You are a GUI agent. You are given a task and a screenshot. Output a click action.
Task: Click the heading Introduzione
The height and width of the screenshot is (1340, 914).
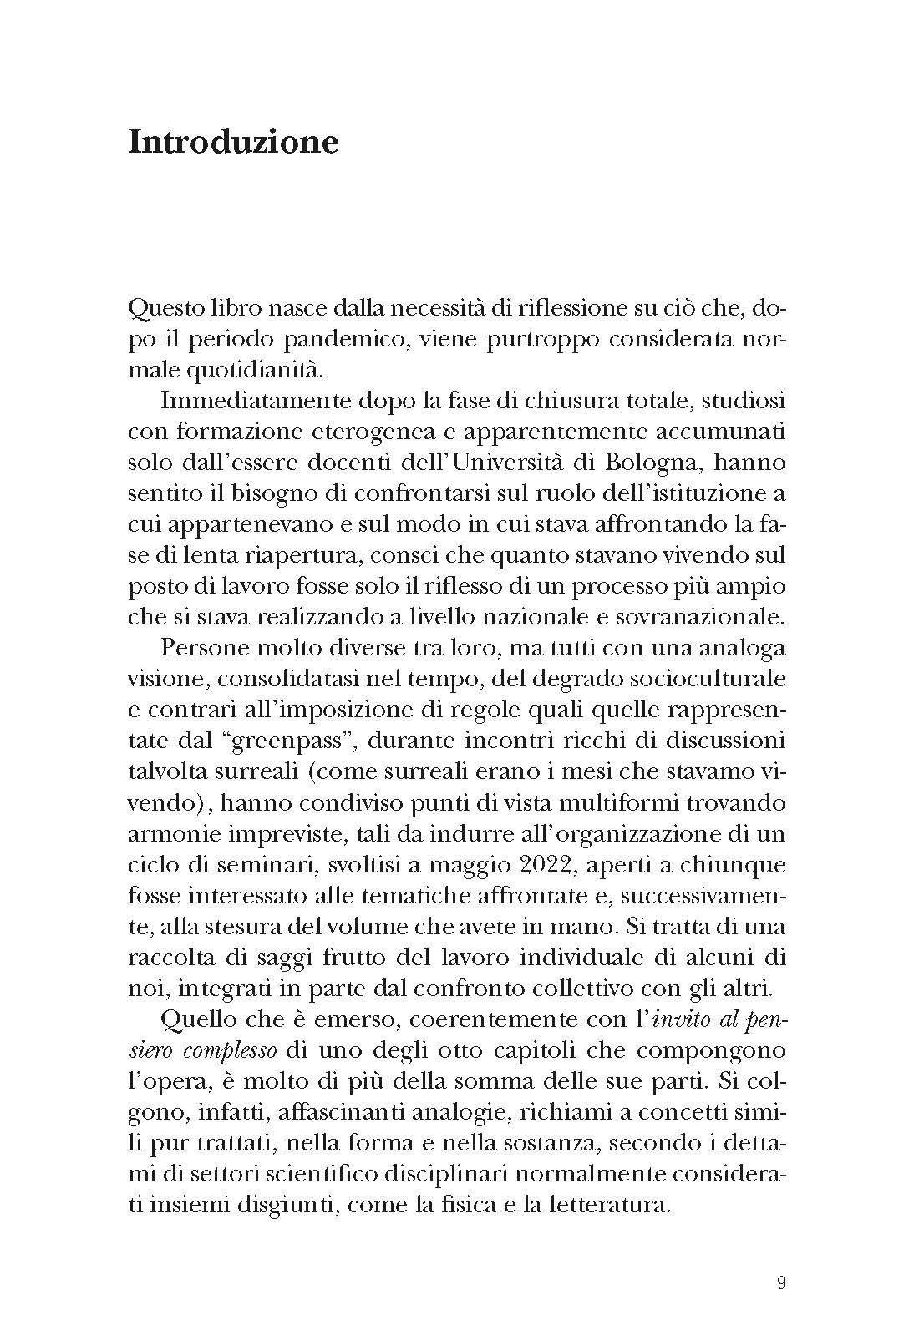click(233, 142)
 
